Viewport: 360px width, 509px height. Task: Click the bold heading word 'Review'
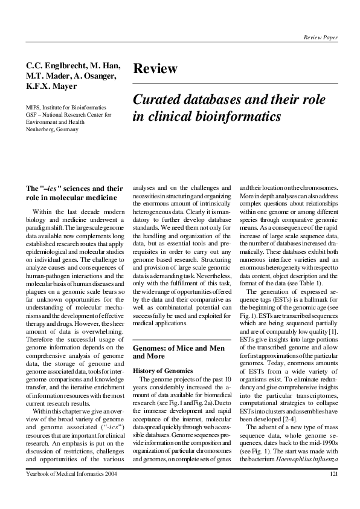[x=155, y=69]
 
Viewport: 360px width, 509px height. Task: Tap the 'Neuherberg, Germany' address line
[x=52, y=129]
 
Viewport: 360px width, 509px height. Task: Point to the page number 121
[x=333, y=490]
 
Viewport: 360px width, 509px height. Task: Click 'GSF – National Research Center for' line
[x=68, y=114]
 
